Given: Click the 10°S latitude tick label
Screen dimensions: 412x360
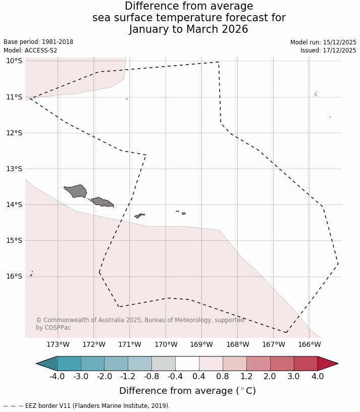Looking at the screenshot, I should point(14,61).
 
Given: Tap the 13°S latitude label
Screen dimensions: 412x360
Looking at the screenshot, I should point(14,169).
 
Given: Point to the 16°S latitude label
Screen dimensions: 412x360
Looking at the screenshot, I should point(14,276).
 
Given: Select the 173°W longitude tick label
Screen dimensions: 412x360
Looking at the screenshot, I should point(58,345).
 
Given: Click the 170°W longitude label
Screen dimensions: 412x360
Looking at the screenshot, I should point(166,345).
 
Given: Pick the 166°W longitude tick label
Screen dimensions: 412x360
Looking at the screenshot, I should point(310,345).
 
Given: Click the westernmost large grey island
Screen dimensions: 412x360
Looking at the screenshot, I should point(76,191).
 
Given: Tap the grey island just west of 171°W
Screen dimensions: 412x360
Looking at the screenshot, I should point(102,202).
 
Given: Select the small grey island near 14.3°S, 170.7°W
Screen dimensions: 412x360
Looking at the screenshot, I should point(139,216).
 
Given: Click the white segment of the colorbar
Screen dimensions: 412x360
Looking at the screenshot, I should point(187,364).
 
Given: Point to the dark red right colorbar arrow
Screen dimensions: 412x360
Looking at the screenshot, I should point(327,364).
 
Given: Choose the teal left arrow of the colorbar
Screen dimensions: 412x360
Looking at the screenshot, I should point(47,364).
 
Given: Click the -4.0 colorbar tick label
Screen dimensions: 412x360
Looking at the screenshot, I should point(57,377).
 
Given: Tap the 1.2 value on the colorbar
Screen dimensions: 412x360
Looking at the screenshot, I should point(246,377).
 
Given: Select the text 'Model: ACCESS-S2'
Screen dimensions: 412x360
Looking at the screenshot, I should point(31,50).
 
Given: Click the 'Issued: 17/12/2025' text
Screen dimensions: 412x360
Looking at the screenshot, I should point(328,50).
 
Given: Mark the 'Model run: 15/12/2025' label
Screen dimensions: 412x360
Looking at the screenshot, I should point(323,42).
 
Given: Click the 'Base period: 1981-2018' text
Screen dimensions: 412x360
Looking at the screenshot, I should point(38,42).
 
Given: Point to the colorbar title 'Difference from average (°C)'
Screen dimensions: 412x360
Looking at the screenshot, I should point(187,391).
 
